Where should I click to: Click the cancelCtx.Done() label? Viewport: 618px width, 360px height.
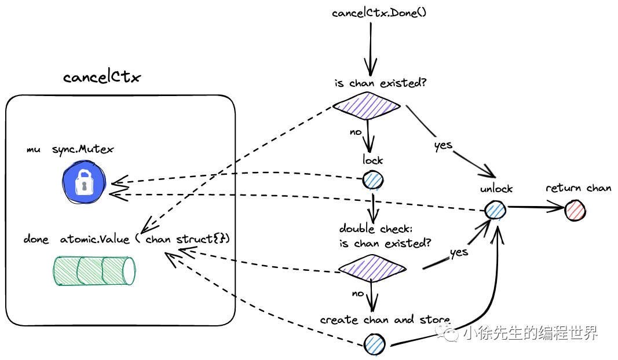pyautogui.click(x=379, y=13)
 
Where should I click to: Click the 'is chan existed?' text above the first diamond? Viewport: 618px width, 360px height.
pyautogui.click(x=381, y=83)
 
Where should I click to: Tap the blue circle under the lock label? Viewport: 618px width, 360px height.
pyautogui.click(x=374, y=180)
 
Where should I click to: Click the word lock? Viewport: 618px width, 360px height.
pyautogui.click(x=373, y=160)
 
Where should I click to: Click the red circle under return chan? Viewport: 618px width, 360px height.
pyautogui.click(x=575, y=210)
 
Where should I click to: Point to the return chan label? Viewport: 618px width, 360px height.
pyautogui.click(x=578, y=188)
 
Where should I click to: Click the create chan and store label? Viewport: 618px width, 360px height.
pyautogui.click(x=385, y=320)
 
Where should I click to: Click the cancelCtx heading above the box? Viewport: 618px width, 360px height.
pyautogui.click(x=101, y=77)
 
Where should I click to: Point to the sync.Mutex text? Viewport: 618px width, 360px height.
pyautogui.click(x=83, y=149)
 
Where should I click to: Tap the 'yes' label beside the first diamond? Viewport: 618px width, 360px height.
pyautogui.click(x=443, y=145)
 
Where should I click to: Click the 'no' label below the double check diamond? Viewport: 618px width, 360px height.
pyautogui.click(x=359, y=293)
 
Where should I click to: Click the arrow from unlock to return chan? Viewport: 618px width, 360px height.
pyautogui.click(x=536, y=207)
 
